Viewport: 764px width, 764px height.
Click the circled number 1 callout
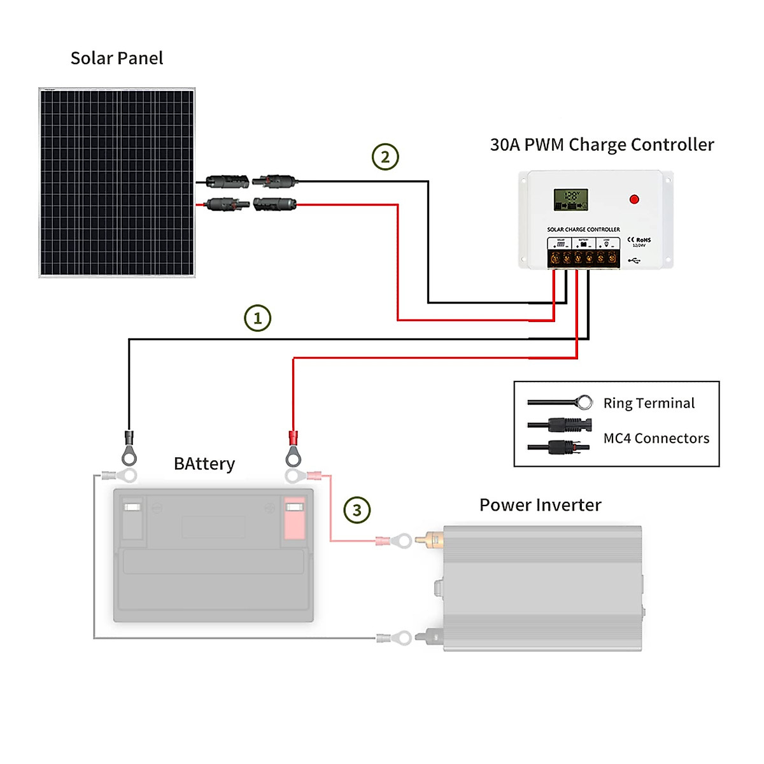pyautogui.click(x=258, y=318)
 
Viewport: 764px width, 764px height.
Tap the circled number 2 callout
pyautogui.click(x=385, y=157)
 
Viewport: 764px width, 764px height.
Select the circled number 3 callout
pyautogui.click(x=357, y=510)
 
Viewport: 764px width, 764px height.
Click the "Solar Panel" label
pyautogui.click(x=117, y=59)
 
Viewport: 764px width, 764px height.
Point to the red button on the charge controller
pyautogui.click(x=634, y=199)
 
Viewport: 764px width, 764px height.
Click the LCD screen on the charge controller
pyautogui.click(x=570, y=200)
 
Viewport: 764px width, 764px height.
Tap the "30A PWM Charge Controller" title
pyautogui.click(x=602, y=145)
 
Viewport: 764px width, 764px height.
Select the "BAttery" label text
pyautogui.click(x=204, y=464)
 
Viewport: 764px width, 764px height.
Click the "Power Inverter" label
pyautogui.click(x=540, y=506)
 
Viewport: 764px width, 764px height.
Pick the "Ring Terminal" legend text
pyautogui.click(x=649, y=404)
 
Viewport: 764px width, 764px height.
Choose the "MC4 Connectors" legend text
pyautogui.click(x=656, y=439)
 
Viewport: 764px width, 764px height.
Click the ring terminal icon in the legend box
pyautogui.click(x=583, y=402)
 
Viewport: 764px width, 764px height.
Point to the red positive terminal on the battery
pyautogui.click(x=294, y=518)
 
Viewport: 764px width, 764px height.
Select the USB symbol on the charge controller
pyautogui.click(x=634, y=260)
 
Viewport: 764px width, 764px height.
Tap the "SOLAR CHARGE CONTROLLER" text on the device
pyautogui.click(x=583, y=229)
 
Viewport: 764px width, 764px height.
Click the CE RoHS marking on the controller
pyautogui.click(x=639, y=241)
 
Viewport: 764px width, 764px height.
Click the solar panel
pyautogui.click(x=117, y=183)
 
